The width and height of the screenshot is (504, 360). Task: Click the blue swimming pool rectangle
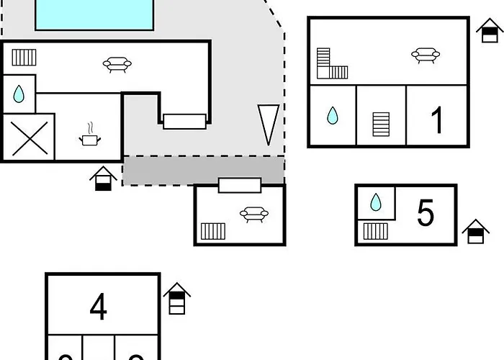tap(94, 14)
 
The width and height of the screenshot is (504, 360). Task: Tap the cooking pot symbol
tap(90, 138)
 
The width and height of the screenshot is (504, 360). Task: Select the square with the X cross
tap(30, 138)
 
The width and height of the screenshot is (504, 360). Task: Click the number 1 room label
tap(437, 120)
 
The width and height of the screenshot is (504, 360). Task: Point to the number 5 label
tap(426, 213)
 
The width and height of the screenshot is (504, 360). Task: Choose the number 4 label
tap(99, 307)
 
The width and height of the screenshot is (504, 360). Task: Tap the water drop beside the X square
tap(19, 94)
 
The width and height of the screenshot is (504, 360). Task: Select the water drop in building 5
tap(375, 202)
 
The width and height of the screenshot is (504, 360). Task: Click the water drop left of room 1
tap(332, 115)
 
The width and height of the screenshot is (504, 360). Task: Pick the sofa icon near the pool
tap(117, 65)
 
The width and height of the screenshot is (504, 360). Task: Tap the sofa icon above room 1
tap(426, 55)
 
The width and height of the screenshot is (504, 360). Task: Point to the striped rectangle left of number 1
tap(381, 123)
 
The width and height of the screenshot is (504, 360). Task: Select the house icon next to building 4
tap(176, 299)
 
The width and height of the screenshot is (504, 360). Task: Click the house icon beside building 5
tap(475, 232)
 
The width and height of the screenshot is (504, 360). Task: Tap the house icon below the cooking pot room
tap(104, 179)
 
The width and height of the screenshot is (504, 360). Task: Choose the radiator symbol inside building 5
tap(375, 231)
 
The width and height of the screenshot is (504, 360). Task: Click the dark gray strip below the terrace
tap(203, 171)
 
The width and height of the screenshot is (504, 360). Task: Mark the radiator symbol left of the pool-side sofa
tap(24, 57)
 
